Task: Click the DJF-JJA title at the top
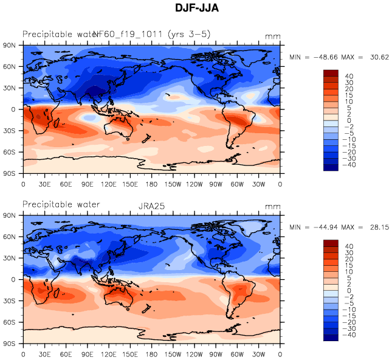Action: pyautogui.click(x=196, y=9)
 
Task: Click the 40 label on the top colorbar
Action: pyautogui.click(x=349, y=77)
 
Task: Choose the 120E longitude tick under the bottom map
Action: pyautogui.click(x=109, y=353)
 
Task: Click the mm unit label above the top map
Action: pyautogui.click(x=273, y=36)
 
